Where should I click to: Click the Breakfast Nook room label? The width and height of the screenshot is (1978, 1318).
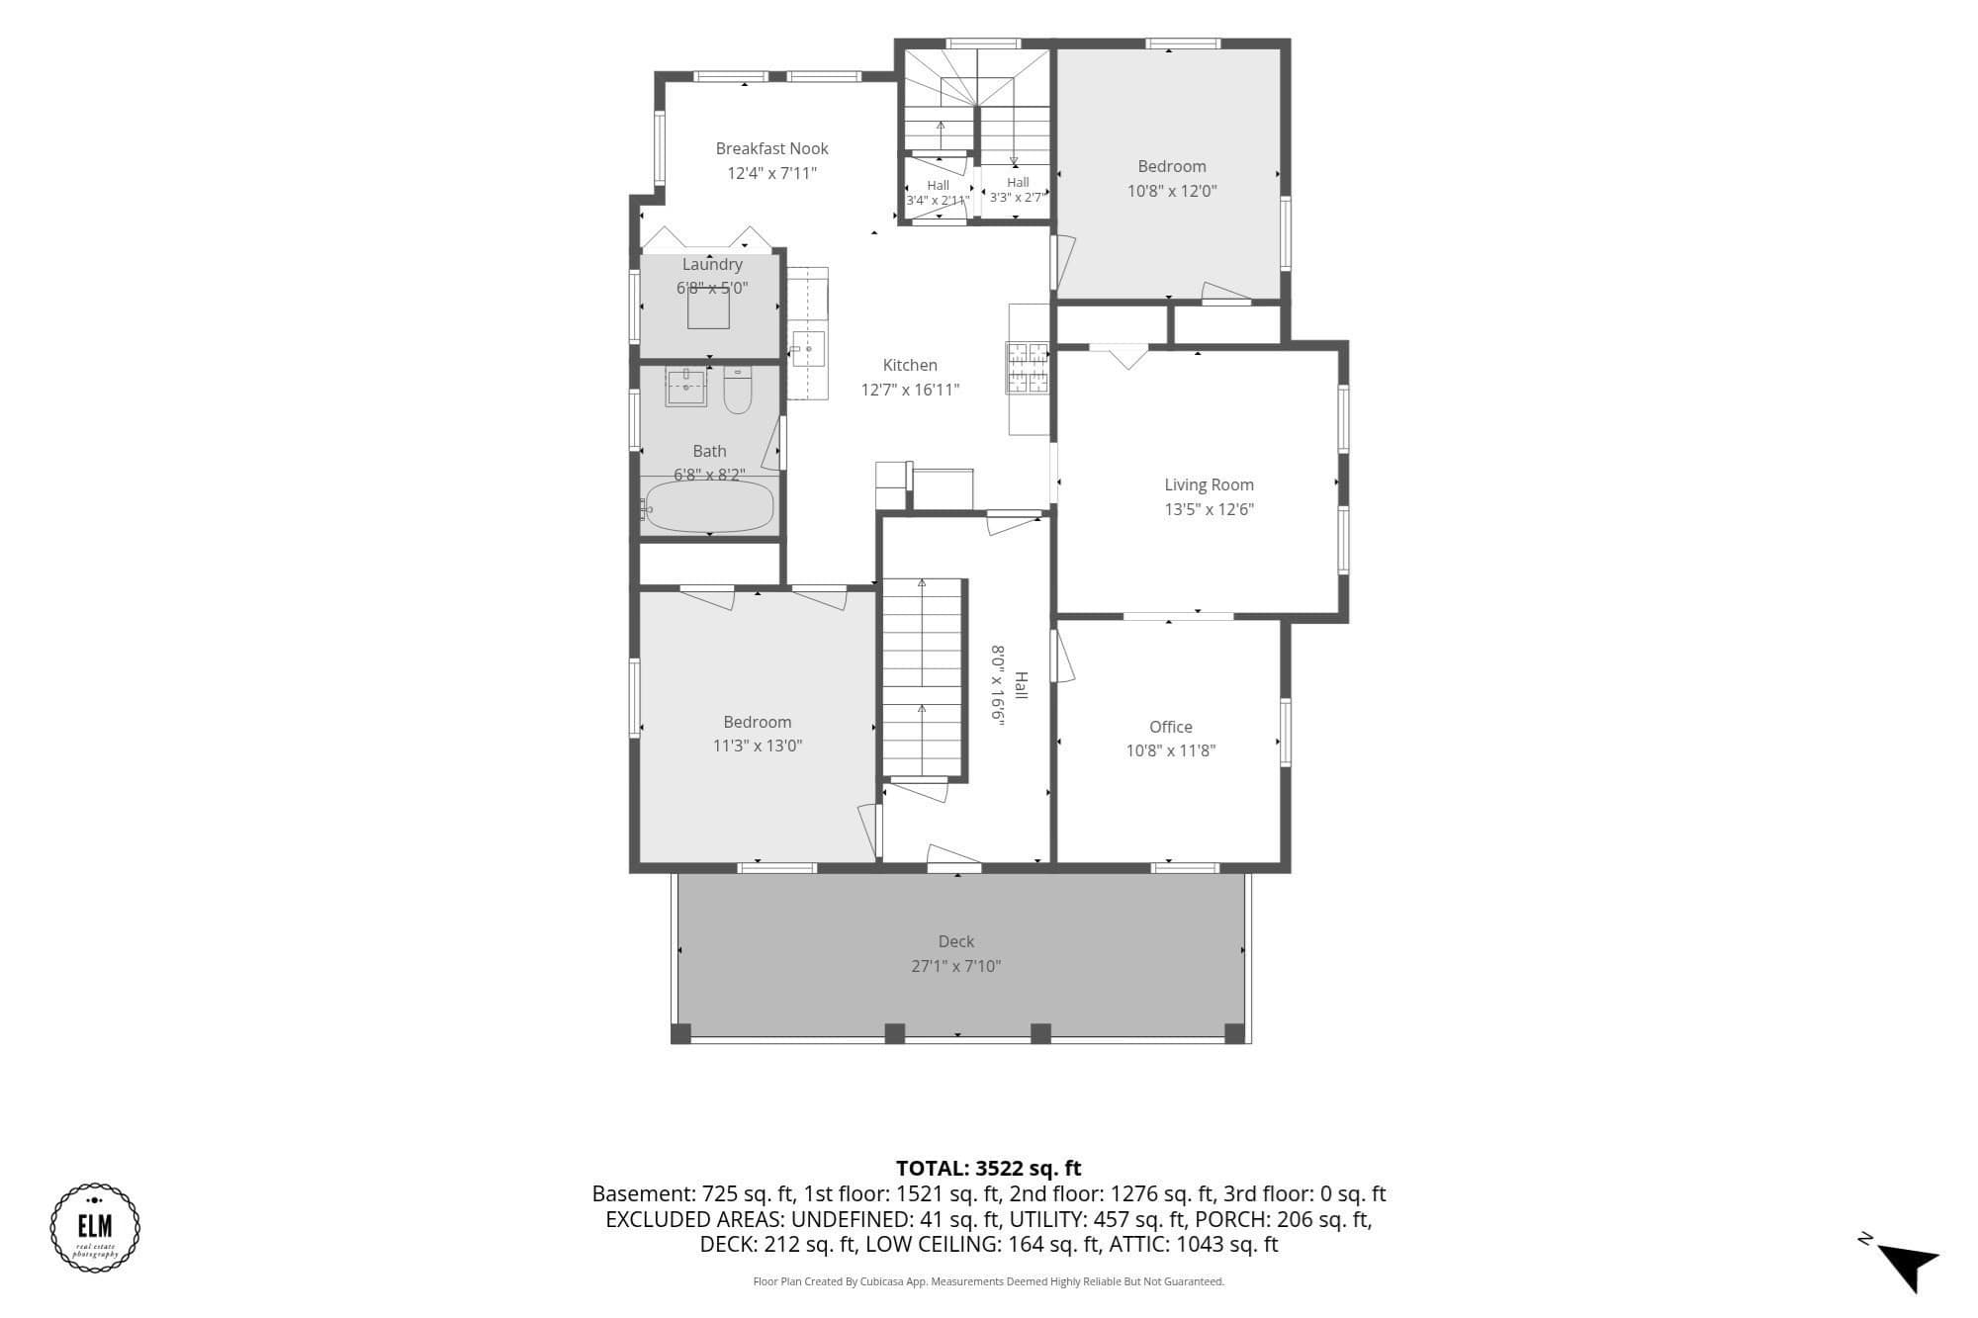[x=772, y=148]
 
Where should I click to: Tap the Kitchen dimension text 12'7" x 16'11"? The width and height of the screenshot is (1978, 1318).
[x=910, y=390]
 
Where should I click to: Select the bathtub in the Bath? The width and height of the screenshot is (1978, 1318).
[x=708, y=507]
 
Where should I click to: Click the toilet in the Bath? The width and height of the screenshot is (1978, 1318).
[x=738, y=390]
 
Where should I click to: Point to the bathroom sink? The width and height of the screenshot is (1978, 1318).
[x=686, y=387]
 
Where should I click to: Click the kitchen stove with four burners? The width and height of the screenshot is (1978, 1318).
[x=1028, y=367]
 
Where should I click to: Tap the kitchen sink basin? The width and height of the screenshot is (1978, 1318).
[x=808, y=349]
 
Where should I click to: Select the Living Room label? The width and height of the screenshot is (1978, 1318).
[x=1209, y=484]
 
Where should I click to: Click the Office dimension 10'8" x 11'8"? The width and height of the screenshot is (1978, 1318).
[x=1171, y=750]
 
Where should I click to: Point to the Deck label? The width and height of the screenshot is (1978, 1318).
[x=956, y=941]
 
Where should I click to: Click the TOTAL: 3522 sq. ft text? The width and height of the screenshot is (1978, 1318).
[x=989, y=1169]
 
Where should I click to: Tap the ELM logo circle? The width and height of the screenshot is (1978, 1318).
[x=95, y=1227]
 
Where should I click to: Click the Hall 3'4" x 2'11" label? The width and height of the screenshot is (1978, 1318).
[x=938, y=193]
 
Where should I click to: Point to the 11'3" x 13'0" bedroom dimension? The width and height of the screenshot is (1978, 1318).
[x=758, y=746]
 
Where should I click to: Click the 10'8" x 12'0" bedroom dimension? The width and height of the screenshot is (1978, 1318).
[x=1172, y=191]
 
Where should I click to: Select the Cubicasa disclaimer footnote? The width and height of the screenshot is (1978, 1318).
[x=989, y=1281]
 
